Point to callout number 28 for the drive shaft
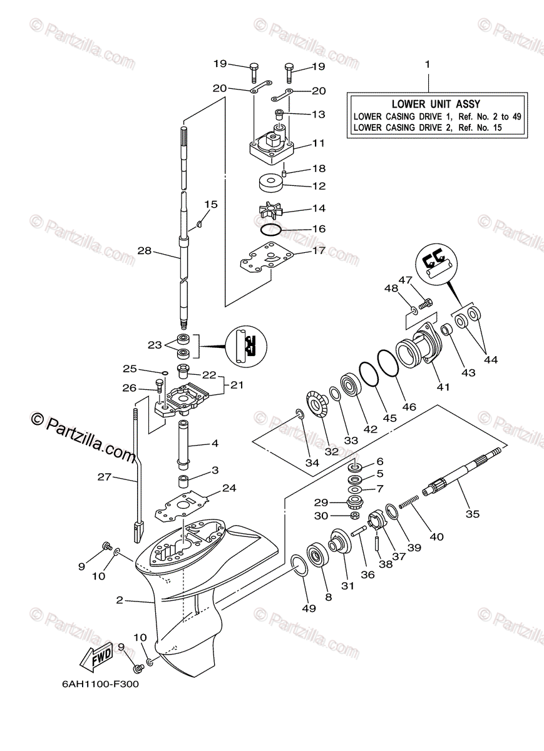tap(145, 250)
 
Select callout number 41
tap(443, 387)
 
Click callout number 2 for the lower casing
tap(119, 600)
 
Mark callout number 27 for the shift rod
tap(104, 477)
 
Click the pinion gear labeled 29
tap(356, 502)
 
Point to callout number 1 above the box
tap(428, 64)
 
